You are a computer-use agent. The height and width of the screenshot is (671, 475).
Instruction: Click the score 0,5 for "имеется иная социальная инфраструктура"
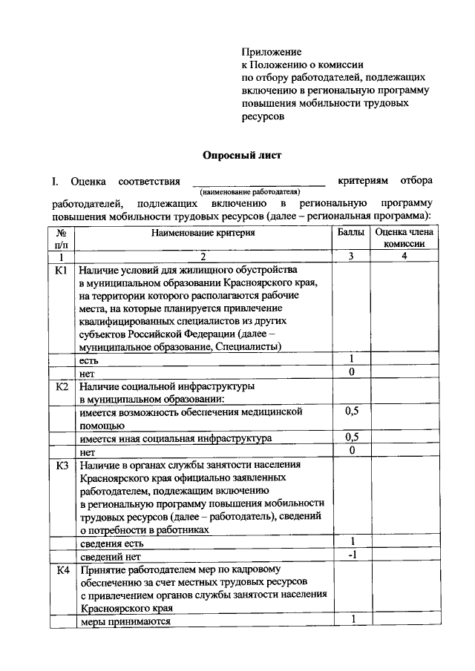[351, 437]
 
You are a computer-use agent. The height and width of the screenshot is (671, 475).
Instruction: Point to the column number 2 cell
[203, 256]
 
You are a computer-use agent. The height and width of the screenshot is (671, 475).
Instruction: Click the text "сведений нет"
[111, 556]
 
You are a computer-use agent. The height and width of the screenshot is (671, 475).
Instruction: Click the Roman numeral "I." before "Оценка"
[55, 181]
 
